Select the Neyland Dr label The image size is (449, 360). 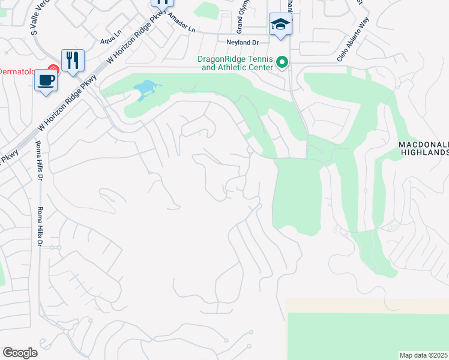[241, 42]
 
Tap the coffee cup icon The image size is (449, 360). [46, 80]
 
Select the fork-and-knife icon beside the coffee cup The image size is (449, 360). [73, 59]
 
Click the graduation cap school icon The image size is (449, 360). [280, 24]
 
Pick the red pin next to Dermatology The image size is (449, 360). [53, 71]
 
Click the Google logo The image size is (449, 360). [20, 353]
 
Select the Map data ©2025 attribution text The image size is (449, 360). [424, 355]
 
